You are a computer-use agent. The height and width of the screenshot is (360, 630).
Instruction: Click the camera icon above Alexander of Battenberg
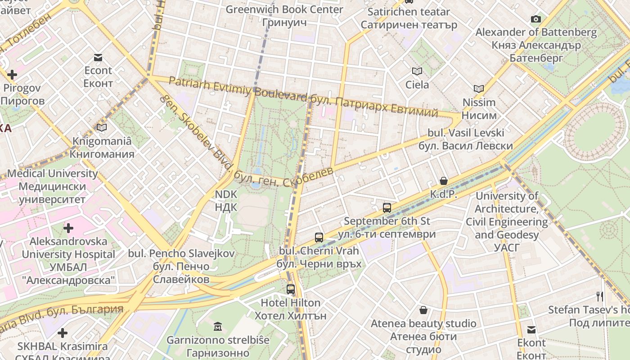(535, 19)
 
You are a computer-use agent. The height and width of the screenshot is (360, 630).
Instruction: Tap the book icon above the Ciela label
(417, 71)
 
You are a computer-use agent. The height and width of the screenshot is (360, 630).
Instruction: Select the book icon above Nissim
(479, 89)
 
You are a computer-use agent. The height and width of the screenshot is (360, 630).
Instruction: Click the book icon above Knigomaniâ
(102, 128)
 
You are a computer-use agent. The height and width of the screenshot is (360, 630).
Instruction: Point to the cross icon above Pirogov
(12, 74)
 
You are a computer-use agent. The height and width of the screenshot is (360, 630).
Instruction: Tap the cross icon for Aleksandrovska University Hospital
(68, 228)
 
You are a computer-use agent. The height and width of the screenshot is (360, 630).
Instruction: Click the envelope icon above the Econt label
(98, 57)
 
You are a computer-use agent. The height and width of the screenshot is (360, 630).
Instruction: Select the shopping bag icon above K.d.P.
(444, 181)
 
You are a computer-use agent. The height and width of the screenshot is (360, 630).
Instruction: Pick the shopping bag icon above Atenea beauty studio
(423, 310)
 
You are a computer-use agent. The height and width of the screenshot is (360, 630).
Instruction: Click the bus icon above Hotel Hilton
(291, 289)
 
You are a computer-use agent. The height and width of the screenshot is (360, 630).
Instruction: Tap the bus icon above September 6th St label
(387, 207)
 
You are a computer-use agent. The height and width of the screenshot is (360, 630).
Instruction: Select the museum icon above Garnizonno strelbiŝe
(218, 326)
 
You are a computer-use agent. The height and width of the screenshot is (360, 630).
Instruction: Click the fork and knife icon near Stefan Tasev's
(599, 296)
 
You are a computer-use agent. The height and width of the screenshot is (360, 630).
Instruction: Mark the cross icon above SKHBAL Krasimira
(63, 333)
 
